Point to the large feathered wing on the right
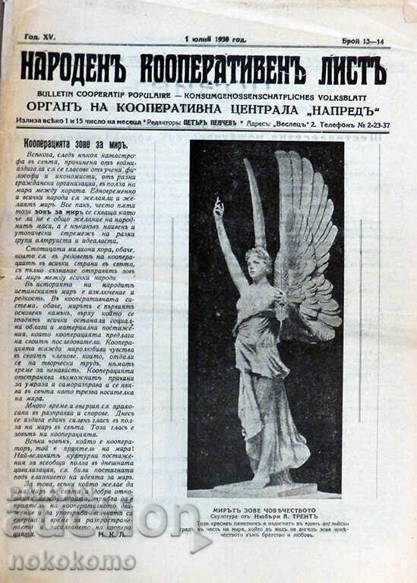(308, 243)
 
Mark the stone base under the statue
(262, 489)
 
